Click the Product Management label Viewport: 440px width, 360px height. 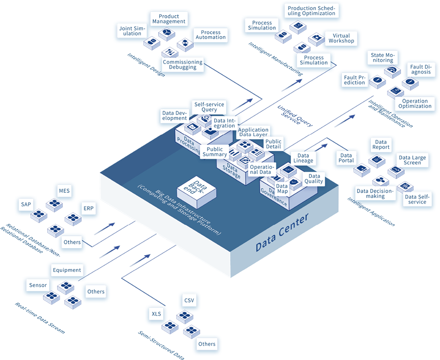pyautogui.click(x=169, y=19)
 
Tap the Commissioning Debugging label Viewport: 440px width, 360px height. pyautogui.click(x=183, y=65)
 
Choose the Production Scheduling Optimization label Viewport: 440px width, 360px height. pyautogui.click(x=311, y=11)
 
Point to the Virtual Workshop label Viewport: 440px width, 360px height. pyautogui.click(x=341, y=38)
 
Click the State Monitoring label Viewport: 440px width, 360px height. pyautogui.click(x=382, y=57)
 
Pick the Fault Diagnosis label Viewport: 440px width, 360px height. pyautogui.click(x=421, y=69)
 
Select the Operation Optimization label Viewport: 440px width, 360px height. pyautogui.click(x=414, y=104)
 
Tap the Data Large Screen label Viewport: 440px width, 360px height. pyautogui.click(x=412, y=161)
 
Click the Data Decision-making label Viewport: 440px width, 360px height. pyautogui.click(x=375, y=194)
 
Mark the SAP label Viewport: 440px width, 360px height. pyautogui.click(x=26, y=204)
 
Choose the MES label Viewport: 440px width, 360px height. pyautogui.click(x=65, y=191)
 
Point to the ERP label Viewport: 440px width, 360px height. pyautogui.click(x=88, y=208)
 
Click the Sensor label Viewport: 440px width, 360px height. pyautogui.click(x=38, y=285)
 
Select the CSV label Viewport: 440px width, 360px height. pyautogui.click(x=189, y=300)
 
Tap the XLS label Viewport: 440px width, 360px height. pyautogui.click(x=156, y=313)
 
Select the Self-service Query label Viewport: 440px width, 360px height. pyautogui.click(x=209, y=106)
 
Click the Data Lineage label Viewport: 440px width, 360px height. pyautogui.click(x=303, y=158)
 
